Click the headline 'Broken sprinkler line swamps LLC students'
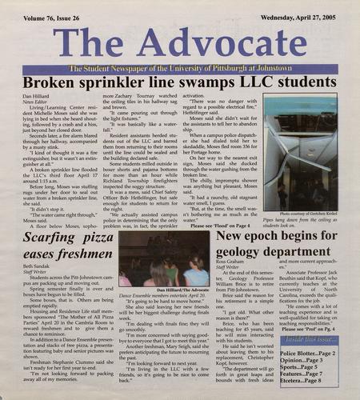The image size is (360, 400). pyautogui.click(x=179, y=83)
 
